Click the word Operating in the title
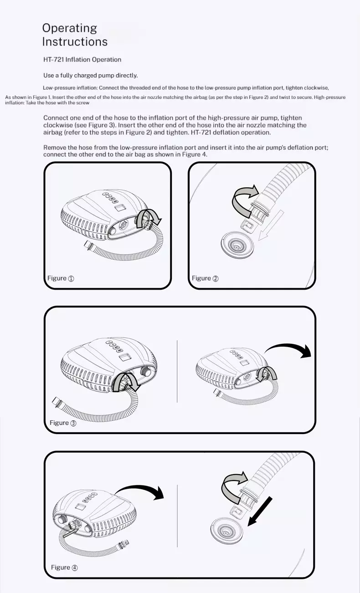click(70, 28)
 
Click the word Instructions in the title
click(75, 42)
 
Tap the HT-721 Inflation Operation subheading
click(82, 60)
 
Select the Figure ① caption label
click(61, 278)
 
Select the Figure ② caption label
click(205, 278)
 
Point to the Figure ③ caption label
click(63, 423)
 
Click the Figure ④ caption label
click(64, 567)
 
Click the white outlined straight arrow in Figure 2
click(271, 225)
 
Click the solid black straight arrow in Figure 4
click(260, 512)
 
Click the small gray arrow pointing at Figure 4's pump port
click(71, 532)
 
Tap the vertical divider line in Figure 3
click(177, 371)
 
